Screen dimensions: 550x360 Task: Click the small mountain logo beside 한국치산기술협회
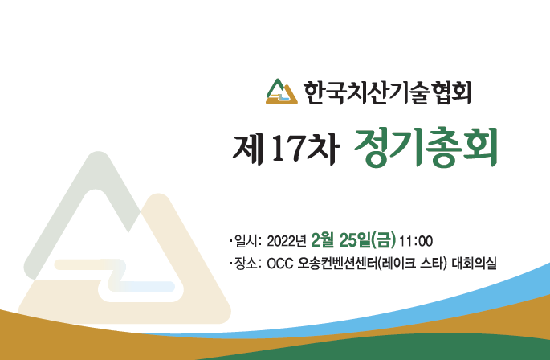[x=282, y=92]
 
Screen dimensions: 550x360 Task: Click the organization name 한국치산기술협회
[x=387, y=92]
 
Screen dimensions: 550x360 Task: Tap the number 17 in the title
[x=287, y=149]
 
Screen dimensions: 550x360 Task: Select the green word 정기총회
[x=426, y=148]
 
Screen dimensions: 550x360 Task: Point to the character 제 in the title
[x=247, y=149]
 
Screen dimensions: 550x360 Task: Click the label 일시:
[x=248, y=241]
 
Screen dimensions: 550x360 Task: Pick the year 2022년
[x=287, y=241]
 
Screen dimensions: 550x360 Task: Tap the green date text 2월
[x=323, y=240]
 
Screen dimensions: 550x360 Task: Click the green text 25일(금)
[x=368, y=240]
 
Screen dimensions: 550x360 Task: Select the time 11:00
[x=416, y=241]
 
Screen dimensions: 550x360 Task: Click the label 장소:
[x=248, y=263]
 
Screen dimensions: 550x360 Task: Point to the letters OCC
[x=280, y=264]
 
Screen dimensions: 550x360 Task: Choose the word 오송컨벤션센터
[x=337, y=263]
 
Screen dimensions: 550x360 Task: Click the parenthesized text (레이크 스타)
[x=413, y=263]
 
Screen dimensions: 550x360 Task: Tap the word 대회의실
[x=474, y=263]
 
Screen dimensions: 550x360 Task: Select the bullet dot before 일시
[x=230, y=241]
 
